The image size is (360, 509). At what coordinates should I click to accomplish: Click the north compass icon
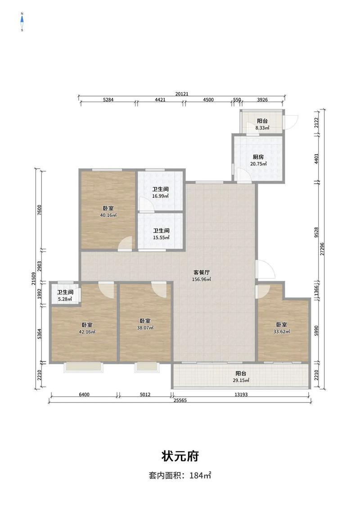(22, 22)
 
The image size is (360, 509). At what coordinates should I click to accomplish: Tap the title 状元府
(180, 456)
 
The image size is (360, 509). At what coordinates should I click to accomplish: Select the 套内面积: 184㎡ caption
(180, 476)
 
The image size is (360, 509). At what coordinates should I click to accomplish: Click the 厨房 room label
(258, 157)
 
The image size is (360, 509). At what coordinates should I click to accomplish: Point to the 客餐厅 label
(202, 272)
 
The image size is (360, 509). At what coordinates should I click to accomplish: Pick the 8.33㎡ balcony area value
(262, 128)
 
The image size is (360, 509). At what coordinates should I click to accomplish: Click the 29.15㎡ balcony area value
(241, 380)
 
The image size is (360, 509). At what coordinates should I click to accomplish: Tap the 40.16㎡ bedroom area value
(108, 215)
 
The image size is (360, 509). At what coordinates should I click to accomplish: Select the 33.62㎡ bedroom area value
(282, 331)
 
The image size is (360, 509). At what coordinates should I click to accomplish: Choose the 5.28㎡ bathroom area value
(65, 299)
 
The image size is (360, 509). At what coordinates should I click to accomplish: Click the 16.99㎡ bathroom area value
(161, 196)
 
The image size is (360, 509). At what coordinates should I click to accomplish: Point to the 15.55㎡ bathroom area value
(161, 237)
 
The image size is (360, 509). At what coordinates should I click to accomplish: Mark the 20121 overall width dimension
(182, 94)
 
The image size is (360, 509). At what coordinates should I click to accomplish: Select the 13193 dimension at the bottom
(241, 394)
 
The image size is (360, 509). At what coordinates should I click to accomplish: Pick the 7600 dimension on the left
(39, 210)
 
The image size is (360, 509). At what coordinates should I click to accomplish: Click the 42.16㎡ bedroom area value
(87, 332)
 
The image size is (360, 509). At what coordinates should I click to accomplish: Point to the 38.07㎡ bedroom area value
(145, 327)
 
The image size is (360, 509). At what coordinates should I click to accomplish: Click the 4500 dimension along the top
(208, 100)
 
